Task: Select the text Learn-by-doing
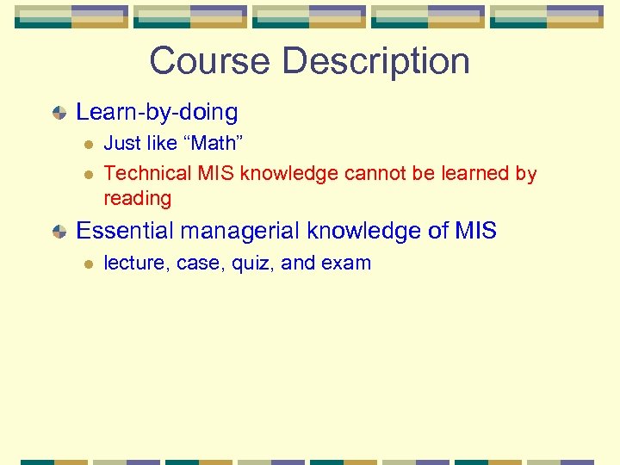(x=157, y=112)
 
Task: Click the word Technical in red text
(x=147, y=173)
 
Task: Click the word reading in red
(x=138, y=199)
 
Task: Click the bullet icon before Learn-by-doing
(x=59, y=113)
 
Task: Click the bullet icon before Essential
(x=59, y=232)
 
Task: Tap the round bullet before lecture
(x=86, y=264)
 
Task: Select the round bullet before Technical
(x=86, y=174)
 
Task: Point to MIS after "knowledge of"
(x=475, y=231)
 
